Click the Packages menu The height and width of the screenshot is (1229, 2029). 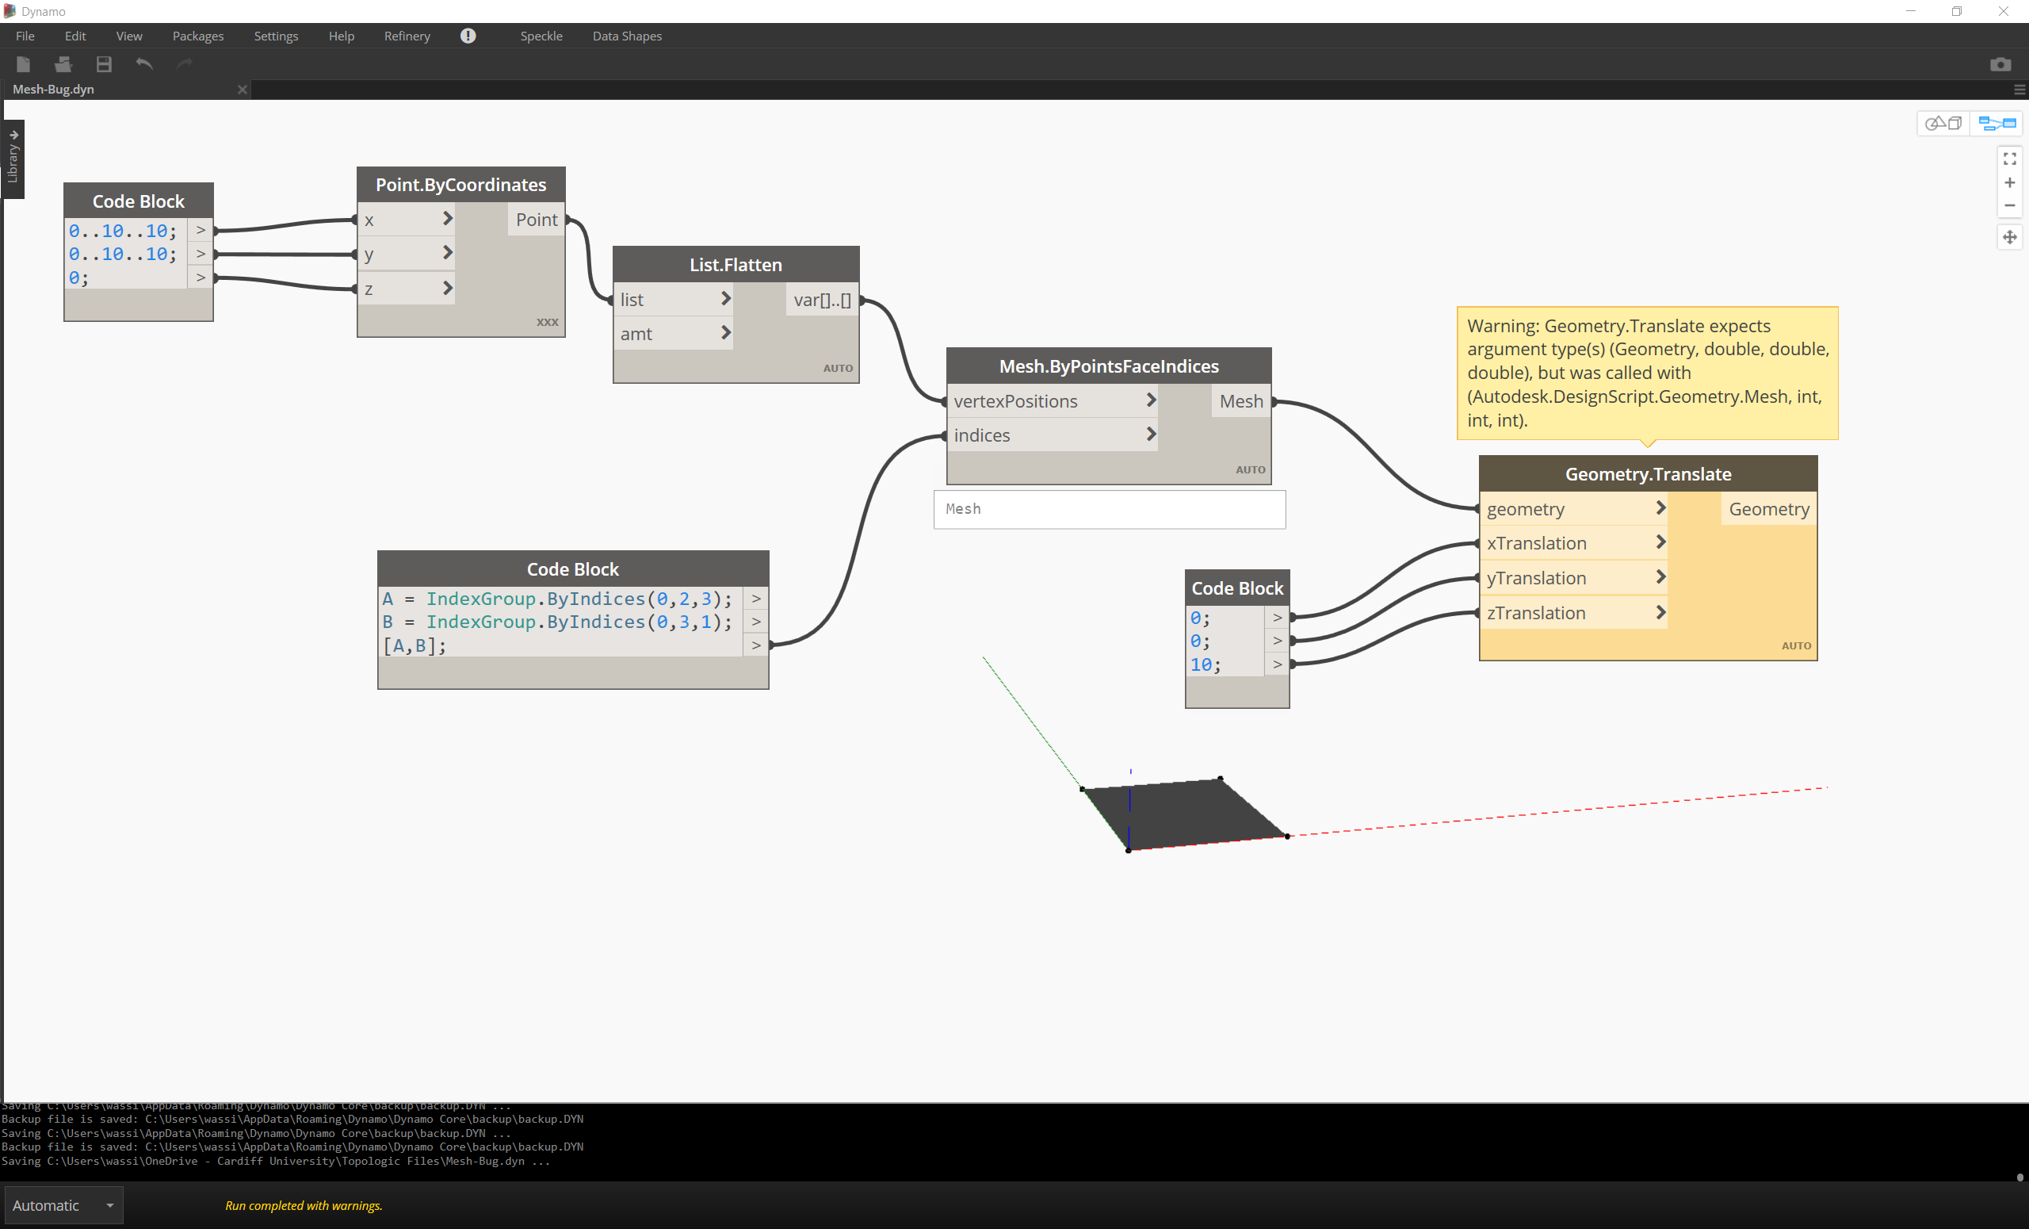click(x=197, y=36)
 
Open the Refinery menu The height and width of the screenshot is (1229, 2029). click(x=407, y=36)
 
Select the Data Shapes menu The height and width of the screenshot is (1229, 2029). click(x=627, y=36)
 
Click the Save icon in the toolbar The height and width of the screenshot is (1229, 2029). click(x=104, y=64)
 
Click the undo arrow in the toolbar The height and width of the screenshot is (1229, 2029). click(x=144, y=64)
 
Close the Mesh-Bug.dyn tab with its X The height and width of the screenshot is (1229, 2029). click(x=242, y=89)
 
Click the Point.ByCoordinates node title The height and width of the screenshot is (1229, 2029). click(x=460, y=185)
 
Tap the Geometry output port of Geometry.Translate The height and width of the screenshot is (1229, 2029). click(x=1768, y=509)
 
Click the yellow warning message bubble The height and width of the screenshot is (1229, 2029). click(x=1647, y=373)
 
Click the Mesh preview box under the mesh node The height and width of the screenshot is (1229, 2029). click(x=1109, y=509)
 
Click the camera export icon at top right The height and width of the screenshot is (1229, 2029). click(x=2000, y=64)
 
